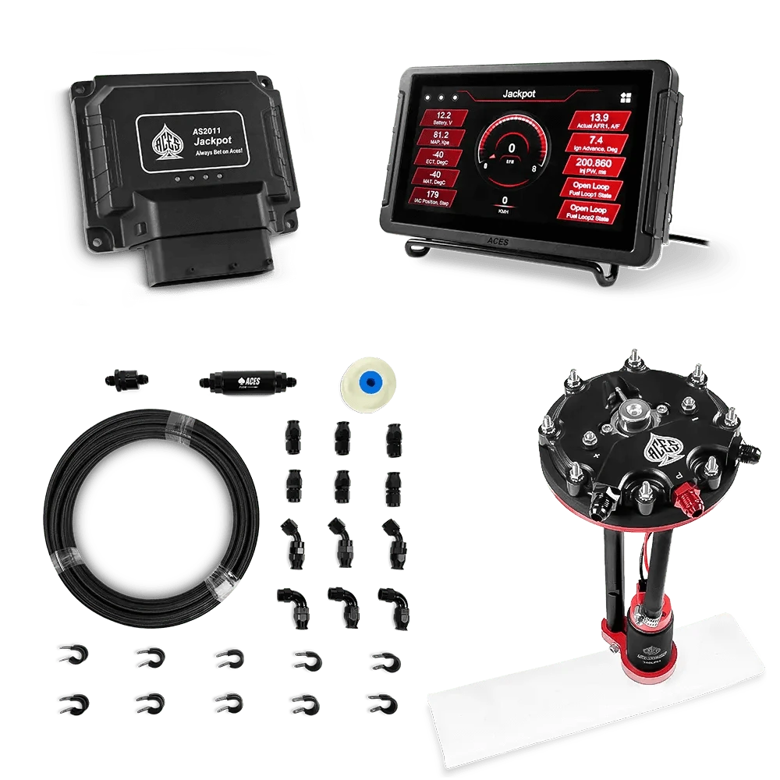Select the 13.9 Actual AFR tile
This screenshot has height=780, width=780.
[596, 119]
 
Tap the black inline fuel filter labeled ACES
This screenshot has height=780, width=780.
[246, 381]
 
